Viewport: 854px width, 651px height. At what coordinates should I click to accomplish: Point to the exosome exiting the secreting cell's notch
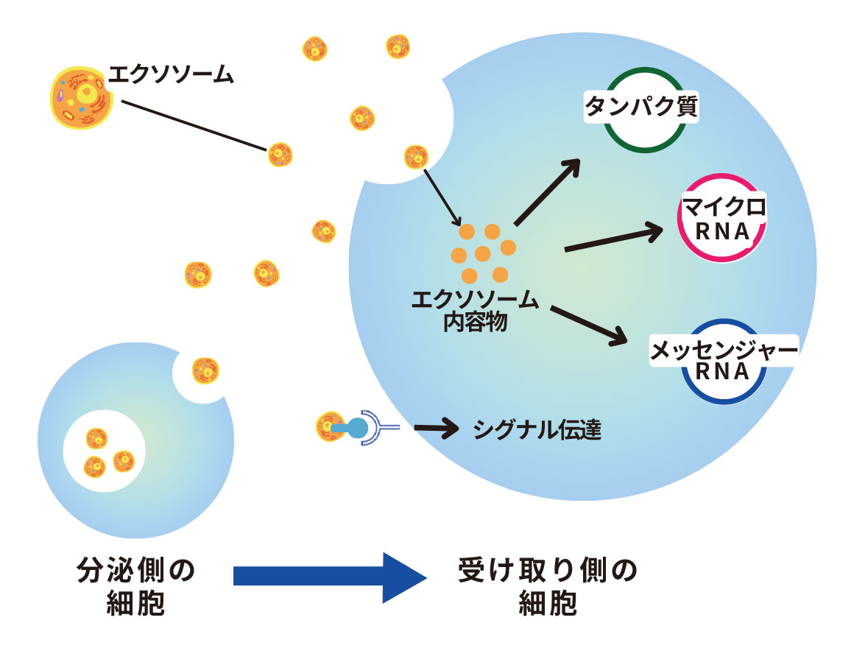coord(205,371)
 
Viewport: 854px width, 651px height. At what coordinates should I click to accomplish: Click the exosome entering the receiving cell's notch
coord(417,157)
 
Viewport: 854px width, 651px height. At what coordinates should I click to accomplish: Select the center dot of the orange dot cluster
coord(483,254)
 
